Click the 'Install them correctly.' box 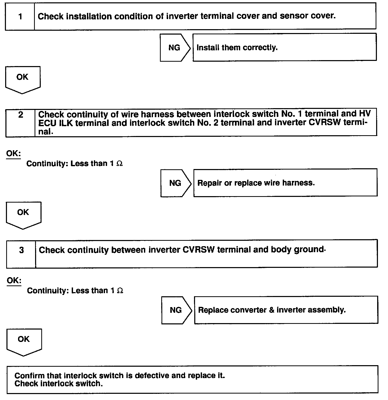pyautogui.click(x=284, y=47)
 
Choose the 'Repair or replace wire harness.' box pyautogui.click(x=285, y=183)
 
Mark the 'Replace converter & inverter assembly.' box pyautogui.click(x=286, y=310)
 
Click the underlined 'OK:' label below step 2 pyautogui.click(x=13, y=154)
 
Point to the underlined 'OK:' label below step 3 pyautogui.click(x=14, y=281)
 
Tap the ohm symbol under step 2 pyautogui.click(x=119, y=164)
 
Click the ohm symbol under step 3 pyautogui.click(x=120, y=291)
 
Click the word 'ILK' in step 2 pyautogui.click(x=66, y=123)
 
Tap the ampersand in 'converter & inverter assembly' pyautogui.click(x=271, y=310)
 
